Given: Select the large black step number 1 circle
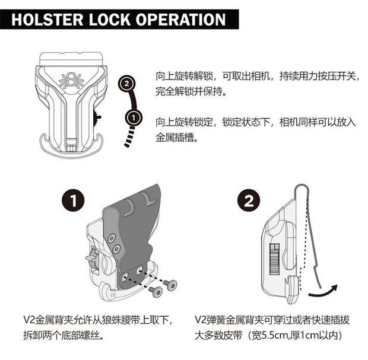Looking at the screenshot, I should tap(73, 201).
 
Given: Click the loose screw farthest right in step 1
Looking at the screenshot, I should tap(172, 286).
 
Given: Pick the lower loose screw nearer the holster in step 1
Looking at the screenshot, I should tap(156, 291).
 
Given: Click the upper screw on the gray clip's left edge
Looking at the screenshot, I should tap(111, 240).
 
